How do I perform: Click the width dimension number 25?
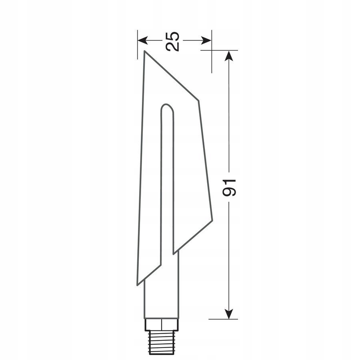(x=173, y=40)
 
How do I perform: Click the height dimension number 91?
(x=230, y=187)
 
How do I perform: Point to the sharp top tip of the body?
(x=144, y=52)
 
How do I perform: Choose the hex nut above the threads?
(x=161, y=324)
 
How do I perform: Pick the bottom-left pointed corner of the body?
(x=138, y=284)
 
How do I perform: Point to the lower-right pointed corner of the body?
(x=212, y=220)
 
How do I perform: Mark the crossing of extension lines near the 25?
(x=212, y=50)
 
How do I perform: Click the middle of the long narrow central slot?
(x=167, y=180)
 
